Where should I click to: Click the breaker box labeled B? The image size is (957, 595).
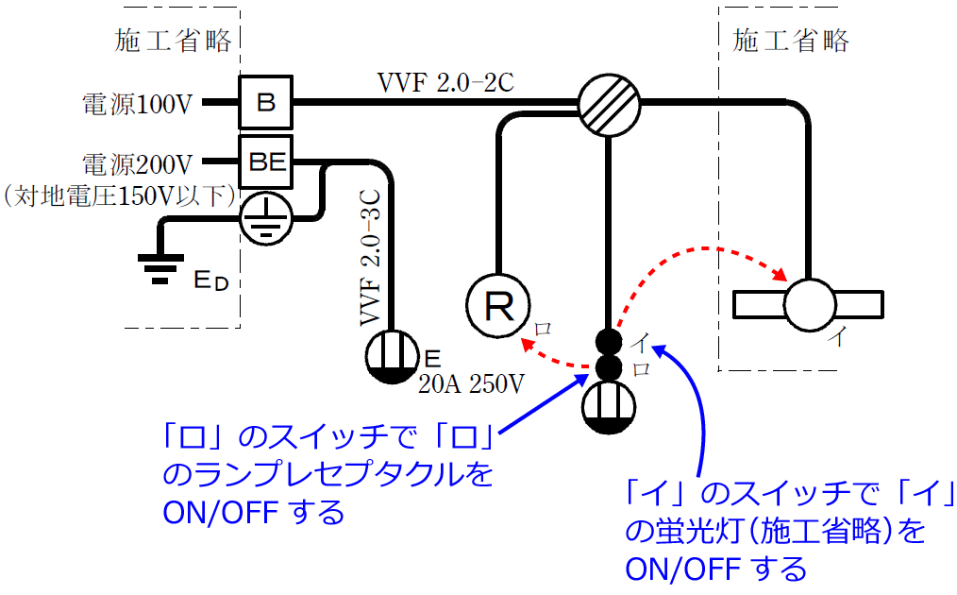click(266, 101)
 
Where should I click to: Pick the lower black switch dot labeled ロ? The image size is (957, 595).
click(609, 366)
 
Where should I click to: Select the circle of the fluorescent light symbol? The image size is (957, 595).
click(811, 304)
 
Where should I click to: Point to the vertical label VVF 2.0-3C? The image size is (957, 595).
click(371, 256)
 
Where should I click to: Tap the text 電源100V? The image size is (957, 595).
click(138, 103)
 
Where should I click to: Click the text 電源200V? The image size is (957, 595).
click(138, 163)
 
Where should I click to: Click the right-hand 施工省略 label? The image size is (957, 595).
click(791, 41)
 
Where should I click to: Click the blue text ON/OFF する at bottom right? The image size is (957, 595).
click(716, 569)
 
